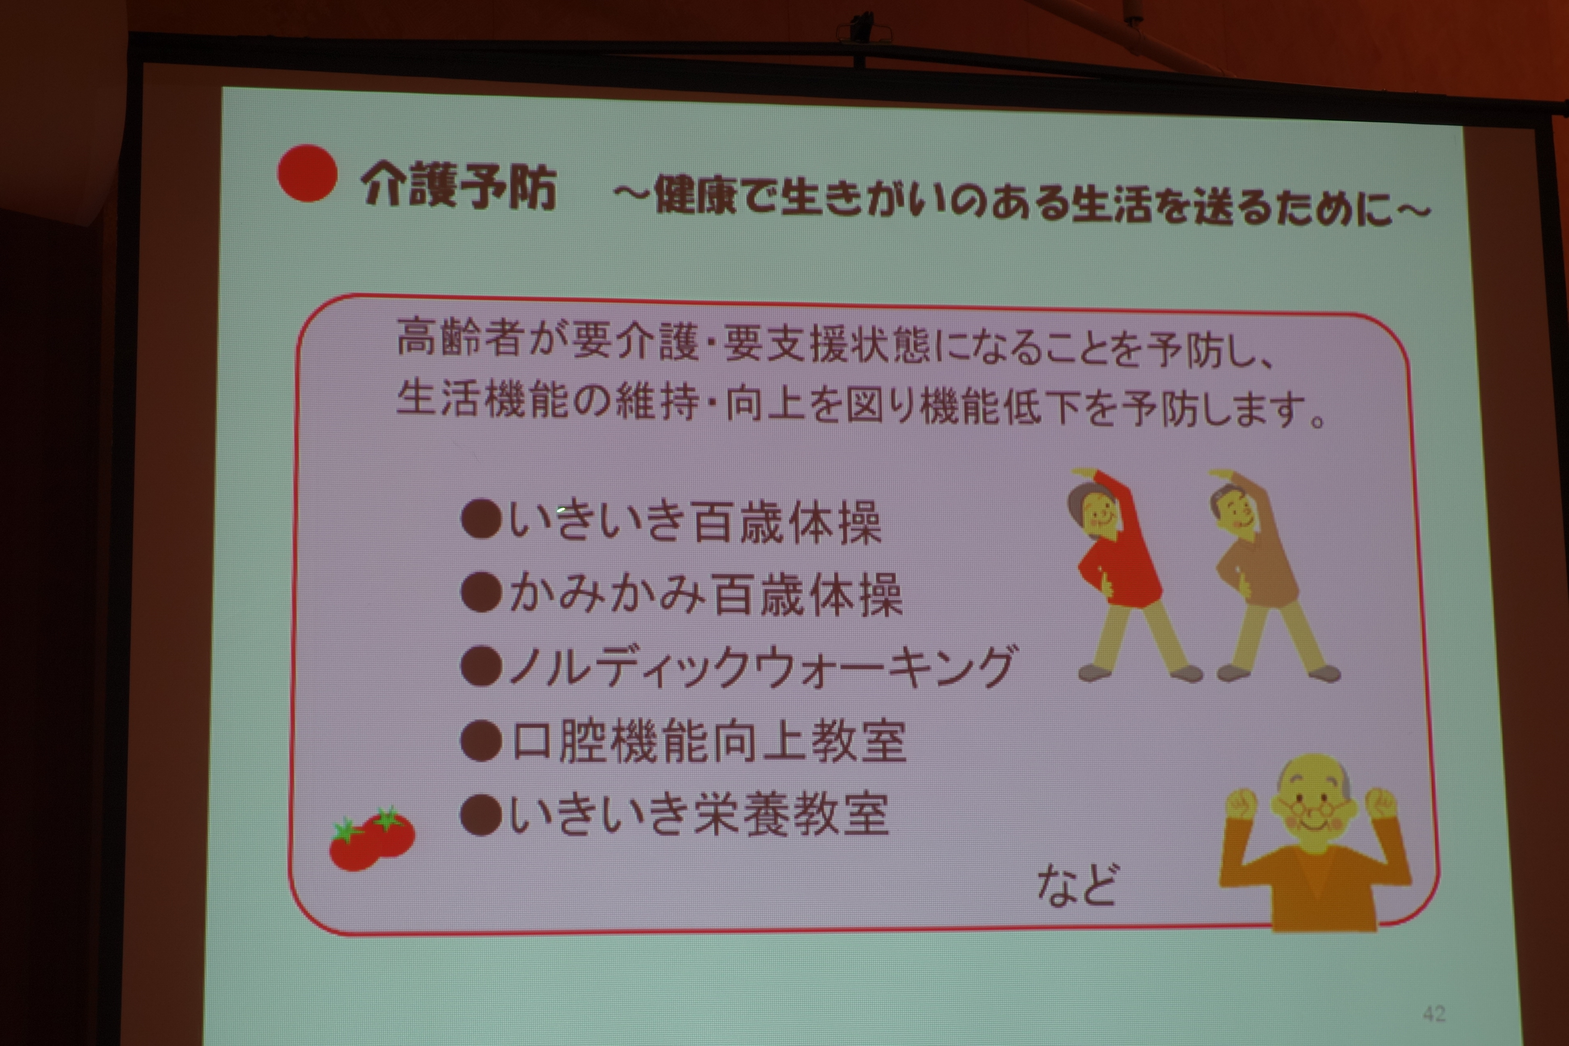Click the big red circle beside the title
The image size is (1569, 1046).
[x=307, y=173]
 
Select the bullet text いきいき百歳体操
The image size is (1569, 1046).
[x=695, y=522]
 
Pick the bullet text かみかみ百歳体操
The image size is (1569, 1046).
[x=706, y=594]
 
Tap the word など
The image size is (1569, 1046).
[x=1077, y=885]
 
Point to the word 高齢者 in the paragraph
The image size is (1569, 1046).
[x=459, y=337]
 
